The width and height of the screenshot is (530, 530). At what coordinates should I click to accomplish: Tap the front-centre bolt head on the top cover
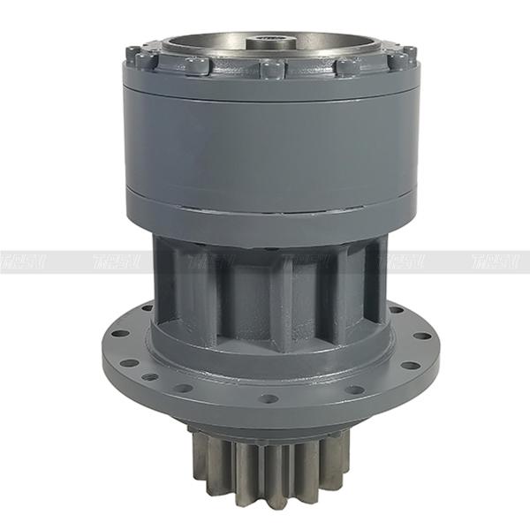(x=273, y=69)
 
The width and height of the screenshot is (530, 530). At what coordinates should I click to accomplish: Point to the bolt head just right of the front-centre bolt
(x=347, y=66)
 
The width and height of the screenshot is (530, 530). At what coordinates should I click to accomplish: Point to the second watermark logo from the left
(x=115, y=261)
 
